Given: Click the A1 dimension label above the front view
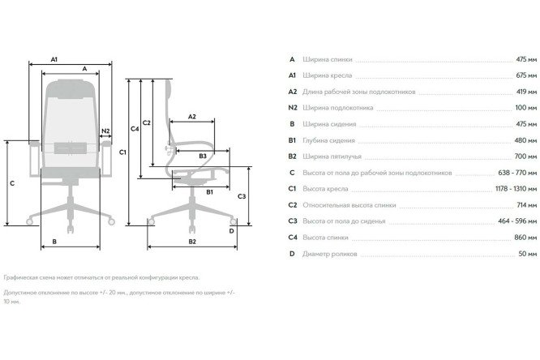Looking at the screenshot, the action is [54, 59].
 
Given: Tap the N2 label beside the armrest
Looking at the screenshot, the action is [105, 131].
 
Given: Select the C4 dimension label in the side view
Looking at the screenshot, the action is [135, 129].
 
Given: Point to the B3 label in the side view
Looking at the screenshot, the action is [203, 156].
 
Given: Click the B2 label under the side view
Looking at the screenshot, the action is [192, 242].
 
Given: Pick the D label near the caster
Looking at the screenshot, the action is [231, 231].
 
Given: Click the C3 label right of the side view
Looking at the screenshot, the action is [242, 196].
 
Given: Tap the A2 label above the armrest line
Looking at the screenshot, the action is [192, 117].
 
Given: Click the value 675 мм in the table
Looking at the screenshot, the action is [526, 75].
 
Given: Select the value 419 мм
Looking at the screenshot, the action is [526, 92].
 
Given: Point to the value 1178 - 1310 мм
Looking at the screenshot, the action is [516, 188].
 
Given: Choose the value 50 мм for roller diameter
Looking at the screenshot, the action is [528, 254].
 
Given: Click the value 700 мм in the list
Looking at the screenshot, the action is [525, 156].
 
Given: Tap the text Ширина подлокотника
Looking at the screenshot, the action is [337, 108].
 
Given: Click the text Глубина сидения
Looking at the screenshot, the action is [328, 140].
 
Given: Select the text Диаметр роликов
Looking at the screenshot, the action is [329, 254].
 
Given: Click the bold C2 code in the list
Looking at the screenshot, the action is [293, 205].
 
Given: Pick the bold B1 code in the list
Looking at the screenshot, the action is [292, 140].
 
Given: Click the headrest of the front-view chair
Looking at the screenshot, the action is [71, 89].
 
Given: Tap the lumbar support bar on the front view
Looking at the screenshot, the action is [71, 148].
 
